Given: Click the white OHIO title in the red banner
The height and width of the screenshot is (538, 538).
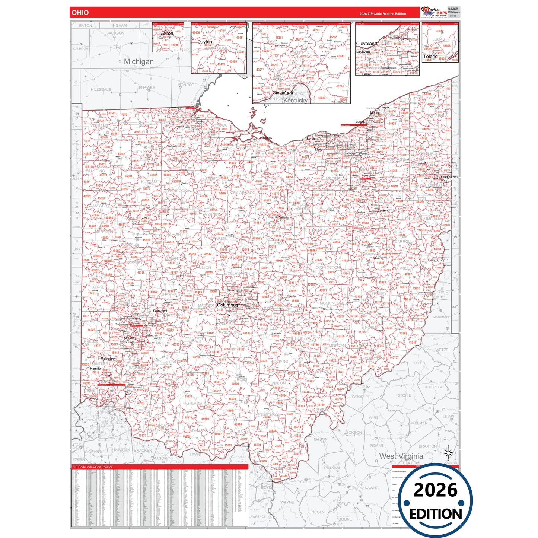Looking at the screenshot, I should coord(80,13).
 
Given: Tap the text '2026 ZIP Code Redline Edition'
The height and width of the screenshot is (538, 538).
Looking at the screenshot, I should coord(382,14).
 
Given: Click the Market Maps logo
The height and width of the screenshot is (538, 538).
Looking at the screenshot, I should coord(434,12).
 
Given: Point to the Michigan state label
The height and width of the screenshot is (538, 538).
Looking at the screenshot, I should coord(139,61).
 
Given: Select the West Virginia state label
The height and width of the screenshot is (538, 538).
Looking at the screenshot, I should coord(401,456).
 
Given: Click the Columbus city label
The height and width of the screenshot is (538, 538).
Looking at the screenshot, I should coord(227,305).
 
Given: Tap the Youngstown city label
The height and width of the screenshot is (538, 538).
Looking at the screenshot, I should coord(449,177).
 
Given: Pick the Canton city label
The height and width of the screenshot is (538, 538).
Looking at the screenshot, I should coord(382,210).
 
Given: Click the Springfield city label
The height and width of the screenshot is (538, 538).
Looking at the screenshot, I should coord(160,310).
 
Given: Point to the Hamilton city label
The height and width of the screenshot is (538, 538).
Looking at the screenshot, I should coord(96,368).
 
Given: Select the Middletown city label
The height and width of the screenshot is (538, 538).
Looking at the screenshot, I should coord(108,359).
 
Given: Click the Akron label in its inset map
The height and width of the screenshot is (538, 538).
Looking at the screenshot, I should coord(167,33).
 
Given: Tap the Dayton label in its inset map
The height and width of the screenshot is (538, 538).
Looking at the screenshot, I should coord(204,42).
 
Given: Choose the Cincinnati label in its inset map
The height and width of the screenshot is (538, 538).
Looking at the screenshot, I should coord(282,93).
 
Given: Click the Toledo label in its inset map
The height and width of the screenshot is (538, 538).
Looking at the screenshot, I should coord(430,57).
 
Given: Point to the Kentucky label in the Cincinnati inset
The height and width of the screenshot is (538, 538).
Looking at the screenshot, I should coord(296,101).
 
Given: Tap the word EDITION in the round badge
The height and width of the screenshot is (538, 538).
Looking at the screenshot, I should coord(436,514).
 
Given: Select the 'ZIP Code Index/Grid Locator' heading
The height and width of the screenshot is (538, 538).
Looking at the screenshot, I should coord(92,467).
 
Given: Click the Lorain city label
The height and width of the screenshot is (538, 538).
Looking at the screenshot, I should coord(311,139).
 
